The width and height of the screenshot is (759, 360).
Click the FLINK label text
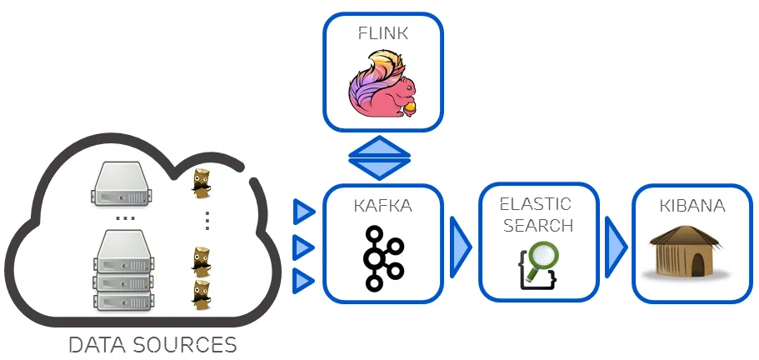pos(383,32)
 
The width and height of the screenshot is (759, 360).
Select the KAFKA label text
pos(383,206)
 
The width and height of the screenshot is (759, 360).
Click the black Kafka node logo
pos(383,258)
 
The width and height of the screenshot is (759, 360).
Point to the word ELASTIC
pos(536,203)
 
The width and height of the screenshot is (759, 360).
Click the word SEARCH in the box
pos(538,225)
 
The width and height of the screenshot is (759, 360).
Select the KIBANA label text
pos(692,206)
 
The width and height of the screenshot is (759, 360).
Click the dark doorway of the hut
pos(697,265)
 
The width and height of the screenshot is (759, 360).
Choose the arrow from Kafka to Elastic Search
pos(461,247)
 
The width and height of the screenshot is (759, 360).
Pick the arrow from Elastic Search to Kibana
pos(616,247)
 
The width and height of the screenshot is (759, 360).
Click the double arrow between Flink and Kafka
pos(380,157)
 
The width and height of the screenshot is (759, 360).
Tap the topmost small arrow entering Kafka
pos(304,212)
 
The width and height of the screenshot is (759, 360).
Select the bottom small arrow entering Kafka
pos(304,281)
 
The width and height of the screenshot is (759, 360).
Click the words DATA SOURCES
pos(153,345)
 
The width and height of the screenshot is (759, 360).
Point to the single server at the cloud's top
pos(121,184)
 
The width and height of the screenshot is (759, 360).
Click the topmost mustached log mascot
pos(201,183)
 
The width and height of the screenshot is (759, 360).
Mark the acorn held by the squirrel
pos(410,107)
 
